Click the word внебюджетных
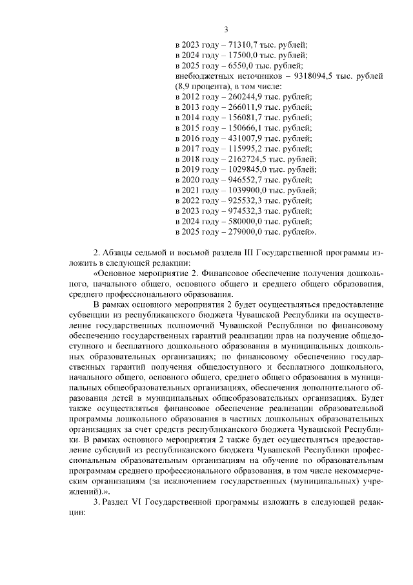point(200,76)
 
